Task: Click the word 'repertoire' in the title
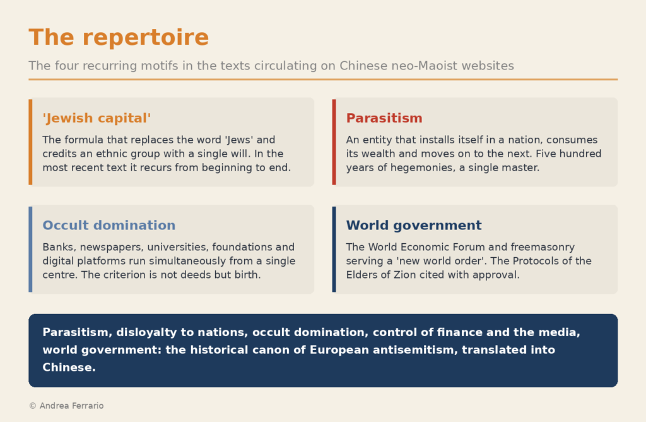146,37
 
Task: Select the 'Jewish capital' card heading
97,118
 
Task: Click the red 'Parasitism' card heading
384,118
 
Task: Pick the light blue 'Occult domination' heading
109,226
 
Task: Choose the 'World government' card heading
414,226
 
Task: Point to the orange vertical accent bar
30,142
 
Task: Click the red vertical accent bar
334,142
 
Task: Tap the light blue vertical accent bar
30,249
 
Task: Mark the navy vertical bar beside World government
334,249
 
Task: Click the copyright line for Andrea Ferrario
66,406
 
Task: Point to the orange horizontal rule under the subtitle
323,79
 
